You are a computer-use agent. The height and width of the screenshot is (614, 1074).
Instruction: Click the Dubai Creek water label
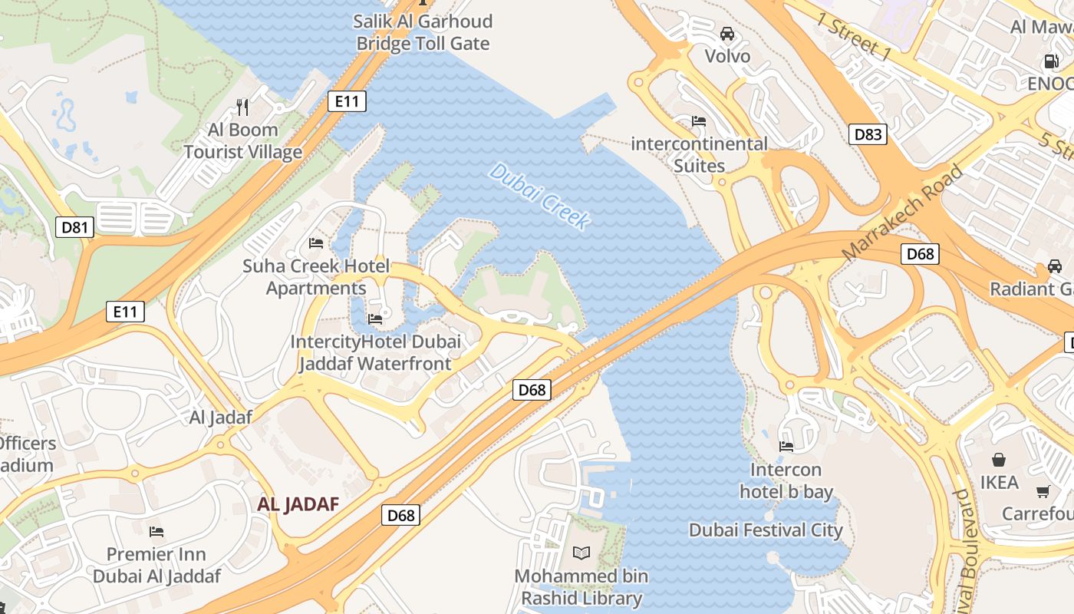[x=540, y=196]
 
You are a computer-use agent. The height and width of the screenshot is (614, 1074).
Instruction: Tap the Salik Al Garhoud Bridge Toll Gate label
[x=423, y=32]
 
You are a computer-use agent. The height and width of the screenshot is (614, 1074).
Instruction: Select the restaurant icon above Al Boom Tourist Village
[x=242, y=107]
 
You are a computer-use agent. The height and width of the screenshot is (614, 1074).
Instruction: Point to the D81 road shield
[x=74, y=226]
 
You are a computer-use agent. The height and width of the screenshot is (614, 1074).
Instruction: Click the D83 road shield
[x=868, y=134]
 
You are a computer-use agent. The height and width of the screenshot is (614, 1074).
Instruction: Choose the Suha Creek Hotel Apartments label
[x=316, y=277]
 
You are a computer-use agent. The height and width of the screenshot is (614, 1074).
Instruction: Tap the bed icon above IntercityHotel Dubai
[x=375, y=319]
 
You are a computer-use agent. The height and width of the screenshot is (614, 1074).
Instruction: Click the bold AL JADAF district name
[x=298, y=504]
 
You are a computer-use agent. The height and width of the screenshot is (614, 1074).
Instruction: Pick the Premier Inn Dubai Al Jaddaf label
[x=156, y=565]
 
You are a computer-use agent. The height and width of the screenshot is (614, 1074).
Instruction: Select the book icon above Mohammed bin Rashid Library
[x=582, y=553]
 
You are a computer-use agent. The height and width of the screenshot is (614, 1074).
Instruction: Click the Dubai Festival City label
[x=766, y=530]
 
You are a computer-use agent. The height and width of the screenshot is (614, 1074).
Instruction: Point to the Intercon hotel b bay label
[x=786, y=480]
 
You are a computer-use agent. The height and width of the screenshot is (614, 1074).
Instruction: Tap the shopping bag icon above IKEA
[x=999, y=460]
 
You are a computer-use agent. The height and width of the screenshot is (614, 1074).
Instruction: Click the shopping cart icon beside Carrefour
[x=1043, y=491]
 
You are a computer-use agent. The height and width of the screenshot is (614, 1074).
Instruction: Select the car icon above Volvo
[x=727, y=34]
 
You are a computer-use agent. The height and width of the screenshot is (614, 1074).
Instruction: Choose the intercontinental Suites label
[x=699, y=154]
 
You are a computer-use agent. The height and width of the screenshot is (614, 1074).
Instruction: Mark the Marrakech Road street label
[x=902, y=213]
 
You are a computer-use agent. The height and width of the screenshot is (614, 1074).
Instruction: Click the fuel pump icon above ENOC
[x=1051, y=61]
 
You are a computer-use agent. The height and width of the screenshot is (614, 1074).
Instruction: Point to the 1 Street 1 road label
[x=854, y=37]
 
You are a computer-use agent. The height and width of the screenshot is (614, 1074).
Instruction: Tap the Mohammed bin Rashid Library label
[x=581, y=587]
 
